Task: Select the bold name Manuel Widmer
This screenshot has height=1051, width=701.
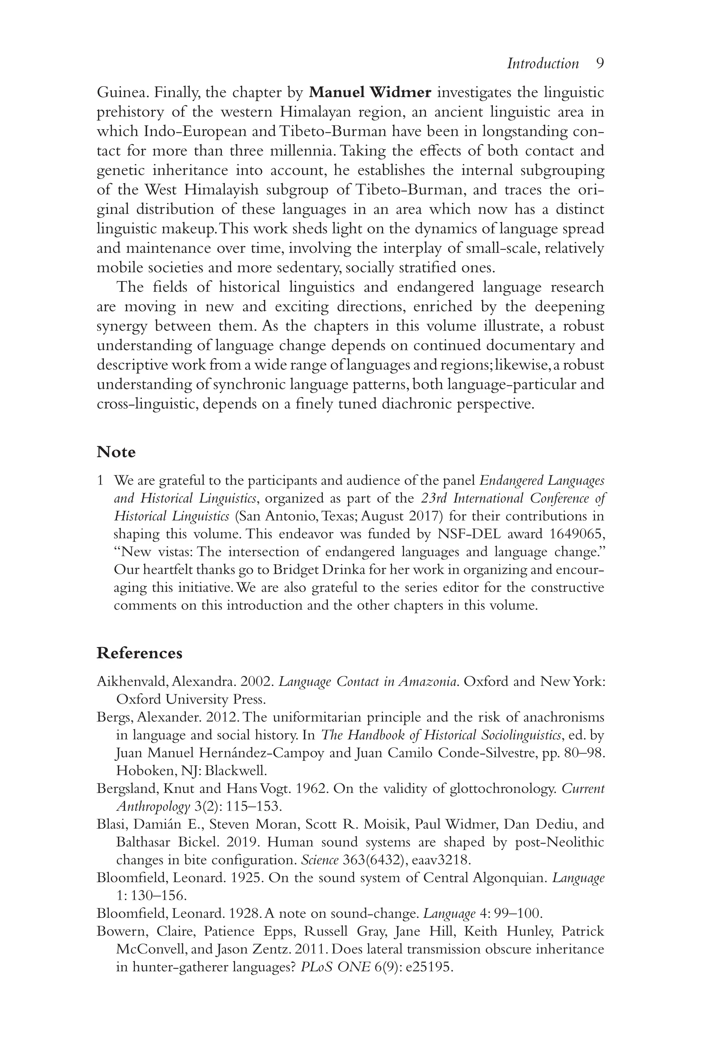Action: pos(370,92)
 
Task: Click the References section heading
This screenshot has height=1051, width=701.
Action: pos(140,653)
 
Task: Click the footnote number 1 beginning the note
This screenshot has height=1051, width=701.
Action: pos(100,481)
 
